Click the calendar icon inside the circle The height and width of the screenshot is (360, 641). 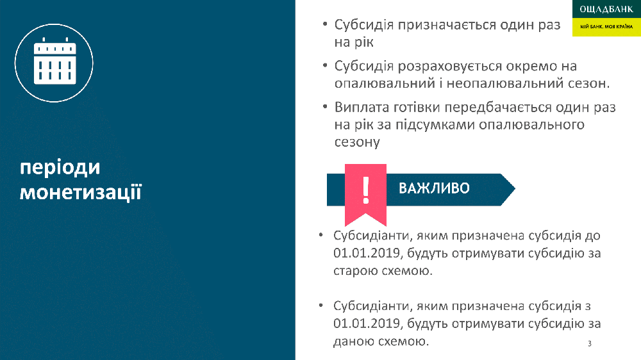(x=54, y=61)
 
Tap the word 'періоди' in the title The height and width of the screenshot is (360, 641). (x=60, y=168)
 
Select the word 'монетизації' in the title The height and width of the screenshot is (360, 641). (x=81, y=192)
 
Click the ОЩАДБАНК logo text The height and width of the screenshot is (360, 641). (x=606, y=10)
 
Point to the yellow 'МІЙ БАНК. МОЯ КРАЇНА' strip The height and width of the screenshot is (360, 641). (x=606, y=27)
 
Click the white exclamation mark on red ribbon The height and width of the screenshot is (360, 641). (x=366, y=190)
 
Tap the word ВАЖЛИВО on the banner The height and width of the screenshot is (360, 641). (x=434, y=188)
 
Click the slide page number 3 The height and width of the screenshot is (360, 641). (x=590, y=343)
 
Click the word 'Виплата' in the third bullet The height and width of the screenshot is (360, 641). (x=362, y=107)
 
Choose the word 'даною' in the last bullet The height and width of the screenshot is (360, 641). (x=353, y=341)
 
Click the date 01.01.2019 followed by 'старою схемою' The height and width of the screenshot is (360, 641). (x=366, y=253)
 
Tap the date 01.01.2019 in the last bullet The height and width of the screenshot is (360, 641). (x=366, y=323)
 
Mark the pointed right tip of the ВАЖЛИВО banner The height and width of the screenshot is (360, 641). (x=515, y=189)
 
